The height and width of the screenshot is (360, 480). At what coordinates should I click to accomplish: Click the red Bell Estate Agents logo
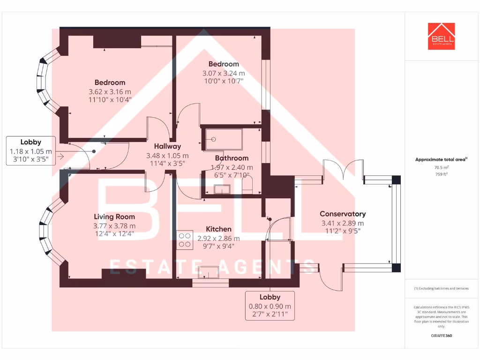(441, 36)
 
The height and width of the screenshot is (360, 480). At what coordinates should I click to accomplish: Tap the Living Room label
(114, 217)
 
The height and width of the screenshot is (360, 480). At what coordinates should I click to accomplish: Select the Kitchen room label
(219, 229)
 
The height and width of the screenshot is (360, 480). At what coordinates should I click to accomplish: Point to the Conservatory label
(343, 214)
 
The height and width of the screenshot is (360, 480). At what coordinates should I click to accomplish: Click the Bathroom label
(232, 158)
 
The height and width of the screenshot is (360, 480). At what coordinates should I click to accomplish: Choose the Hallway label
(167, 146)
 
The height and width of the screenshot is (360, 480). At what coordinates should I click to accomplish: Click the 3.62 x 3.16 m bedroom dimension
(110, 91)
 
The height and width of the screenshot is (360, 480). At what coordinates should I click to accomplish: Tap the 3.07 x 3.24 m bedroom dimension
(224, 73)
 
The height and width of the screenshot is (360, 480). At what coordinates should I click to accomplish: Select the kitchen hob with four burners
(184, 240)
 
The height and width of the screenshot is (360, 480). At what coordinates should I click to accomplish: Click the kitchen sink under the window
(209, 272)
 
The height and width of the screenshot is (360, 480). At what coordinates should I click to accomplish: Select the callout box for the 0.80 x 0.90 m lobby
(270, 306)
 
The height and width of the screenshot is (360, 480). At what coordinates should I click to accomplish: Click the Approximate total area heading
(441, 159)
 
